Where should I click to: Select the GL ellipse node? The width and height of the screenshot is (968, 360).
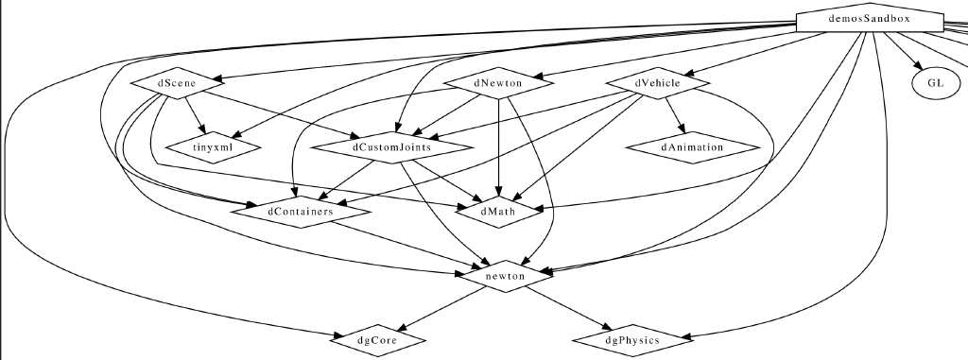tap(935, 83)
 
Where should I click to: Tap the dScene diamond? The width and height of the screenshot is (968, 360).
tap(177, 84)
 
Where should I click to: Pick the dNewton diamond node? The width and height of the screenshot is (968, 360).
tap(499, 84)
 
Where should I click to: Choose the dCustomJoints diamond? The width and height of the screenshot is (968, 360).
tap(392, 147)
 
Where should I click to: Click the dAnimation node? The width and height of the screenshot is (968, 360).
tap(692, 147)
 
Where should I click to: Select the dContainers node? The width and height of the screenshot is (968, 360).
tap(300, 212)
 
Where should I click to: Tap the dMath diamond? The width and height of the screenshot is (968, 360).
tap(497, 212)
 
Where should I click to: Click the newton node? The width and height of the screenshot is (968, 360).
tap(505, 275)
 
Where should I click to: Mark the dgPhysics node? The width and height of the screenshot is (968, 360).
tap(631, 338)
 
